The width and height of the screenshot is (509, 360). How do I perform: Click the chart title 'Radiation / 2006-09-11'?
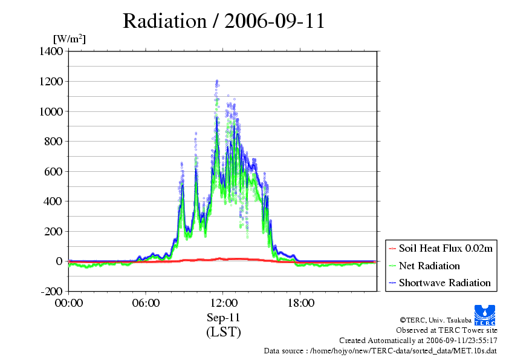224,21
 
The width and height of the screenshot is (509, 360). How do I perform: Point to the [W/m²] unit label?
70,39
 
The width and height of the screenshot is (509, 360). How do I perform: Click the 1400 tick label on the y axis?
51,51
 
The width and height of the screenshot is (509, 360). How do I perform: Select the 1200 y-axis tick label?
51,81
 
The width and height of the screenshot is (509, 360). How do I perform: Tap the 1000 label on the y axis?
51,111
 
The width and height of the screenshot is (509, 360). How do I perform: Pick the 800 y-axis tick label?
53,142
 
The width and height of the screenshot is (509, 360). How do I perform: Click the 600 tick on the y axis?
53,172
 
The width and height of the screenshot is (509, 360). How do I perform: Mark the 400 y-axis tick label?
53,201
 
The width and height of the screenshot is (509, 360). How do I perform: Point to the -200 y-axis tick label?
51,291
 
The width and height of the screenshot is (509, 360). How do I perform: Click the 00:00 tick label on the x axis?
69,303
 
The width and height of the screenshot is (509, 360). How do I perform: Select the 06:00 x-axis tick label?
146,303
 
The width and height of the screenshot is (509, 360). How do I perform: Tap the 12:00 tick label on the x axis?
224,303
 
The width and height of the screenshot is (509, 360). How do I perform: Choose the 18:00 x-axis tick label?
300,303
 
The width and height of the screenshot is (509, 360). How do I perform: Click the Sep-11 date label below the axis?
223,318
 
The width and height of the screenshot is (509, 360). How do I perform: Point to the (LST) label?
224,332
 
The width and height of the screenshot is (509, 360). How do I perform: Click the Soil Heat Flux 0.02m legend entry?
441,249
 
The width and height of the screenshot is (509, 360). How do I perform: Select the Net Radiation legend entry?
424,266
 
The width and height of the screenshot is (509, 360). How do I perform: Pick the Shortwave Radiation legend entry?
439,283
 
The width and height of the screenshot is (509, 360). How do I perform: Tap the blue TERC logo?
485,315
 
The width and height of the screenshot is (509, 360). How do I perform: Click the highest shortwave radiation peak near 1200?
217,80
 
